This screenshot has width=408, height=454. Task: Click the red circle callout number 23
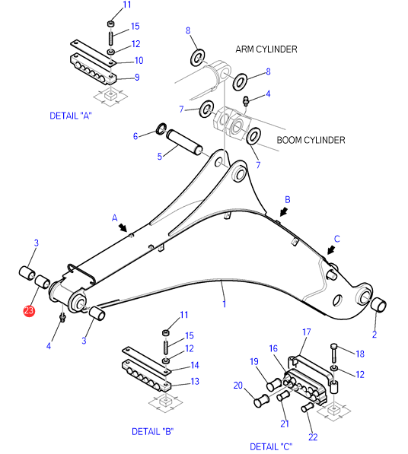click(29, 311)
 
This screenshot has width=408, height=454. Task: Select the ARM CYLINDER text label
click(266, 49)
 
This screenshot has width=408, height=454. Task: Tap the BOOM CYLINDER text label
click(311, 140)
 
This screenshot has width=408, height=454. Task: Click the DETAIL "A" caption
click(71, 116)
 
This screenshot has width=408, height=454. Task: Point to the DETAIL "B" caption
click(153, 431)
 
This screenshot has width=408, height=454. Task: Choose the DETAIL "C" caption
click(271, 446)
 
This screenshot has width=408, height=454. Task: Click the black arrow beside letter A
click(123, 227)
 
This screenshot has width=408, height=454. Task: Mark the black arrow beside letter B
click(284, 211)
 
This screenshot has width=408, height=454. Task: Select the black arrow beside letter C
click(331, 250)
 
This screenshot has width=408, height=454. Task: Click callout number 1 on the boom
click(224, 303)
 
